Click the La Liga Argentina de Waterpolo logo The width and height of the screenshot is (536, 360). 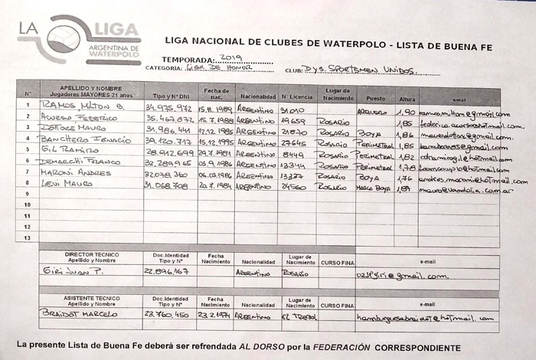tap(80, 40)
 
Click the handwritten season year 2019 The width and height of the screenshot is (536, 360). tap(230, 58)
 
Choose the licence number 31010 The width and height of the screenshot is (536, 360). tap(293, 110)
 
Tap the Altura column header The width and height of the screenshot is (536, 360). tap(407, 99)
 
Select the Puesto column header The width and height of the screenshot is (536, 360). tap(375, 98)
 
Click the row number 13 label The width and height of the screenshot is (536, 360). tap(27, 238)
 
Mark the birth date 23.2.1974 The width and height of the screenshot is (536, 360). tap(214, 314)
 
